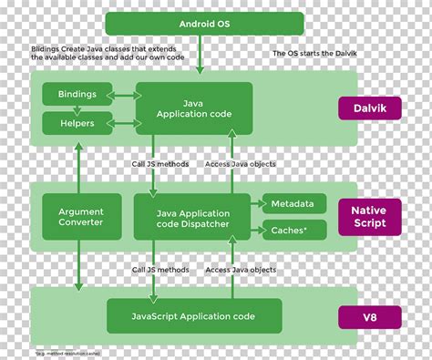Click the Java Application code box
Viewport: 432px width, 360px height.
[193, 108]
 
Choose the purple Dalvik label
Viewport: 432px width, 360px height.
[371, 108]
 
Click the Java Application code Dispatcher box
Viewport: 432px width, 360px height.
[193, 217]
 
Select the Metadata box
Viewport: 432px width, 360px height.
[294, 204]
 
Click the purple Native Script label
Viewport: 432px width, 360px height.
[371, 217]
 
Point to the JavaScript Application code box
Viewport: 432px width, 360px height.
[193, 316]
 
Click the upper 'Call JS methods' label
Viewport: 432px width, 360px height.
[156, 164]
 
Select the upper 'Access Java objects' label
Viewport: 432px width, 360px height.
[240, 164]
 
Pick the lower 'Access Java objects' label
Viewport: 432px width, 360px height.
[240, 270]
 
